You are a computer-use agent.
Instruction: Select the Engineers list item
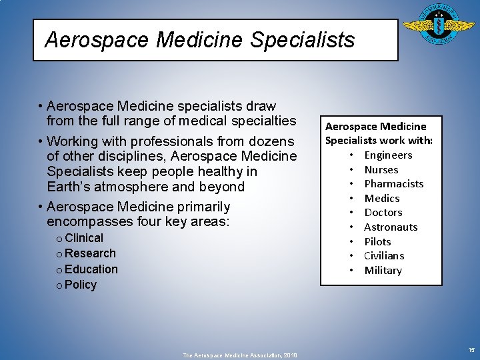pos(388,155)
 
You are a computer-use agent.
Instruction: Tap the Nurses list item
pos(381,170)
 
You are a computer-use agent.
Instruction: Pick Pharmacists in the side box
pos(393,184)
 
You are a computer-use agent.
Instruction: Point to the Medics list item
pos(381,199)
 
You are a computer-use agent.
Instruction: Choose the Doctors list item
pos(383,213)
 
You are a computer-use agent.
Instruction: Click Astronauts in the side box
pos(391,227)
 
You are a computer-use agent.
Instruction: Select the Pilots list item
pos(377,241)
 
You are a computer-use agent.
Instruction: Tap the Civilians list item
pos(384,256)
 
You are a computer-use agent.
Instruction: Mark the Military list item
pos(383,271)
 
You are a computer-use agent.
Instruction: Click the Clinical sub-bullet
pos(84,238)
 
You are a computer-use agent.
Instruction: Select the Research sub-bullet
pos(90,253)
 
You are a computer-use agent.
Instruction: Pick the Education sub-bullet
pos(91,269)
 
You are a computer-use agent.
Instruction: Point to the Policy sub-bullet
pos(81,285)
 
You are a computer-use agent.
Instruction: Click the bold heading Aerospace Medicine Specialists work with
pos(379,133)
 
